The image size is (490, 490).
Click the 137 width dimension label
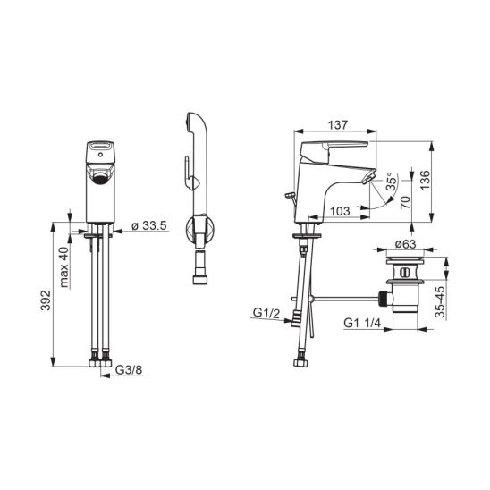pos(337,125)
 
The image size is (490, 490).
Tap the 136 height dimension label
pos(425,180)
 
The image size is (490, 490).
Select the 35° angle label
pos(392,182)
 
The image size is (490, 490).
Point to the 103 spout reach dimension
pos(340,211)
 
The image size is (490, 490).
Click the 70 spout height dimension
pos(405,202)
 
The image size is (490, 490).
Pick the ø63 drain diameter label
pos(405,244)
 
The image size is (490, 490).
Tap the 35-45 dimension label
pos(440,302)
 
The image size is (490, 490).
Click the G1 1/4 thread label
pos(362,323)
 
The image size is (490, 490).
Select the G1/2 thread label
pos(266,313)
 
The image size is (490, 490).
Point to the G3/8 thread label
pos(129,369)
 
